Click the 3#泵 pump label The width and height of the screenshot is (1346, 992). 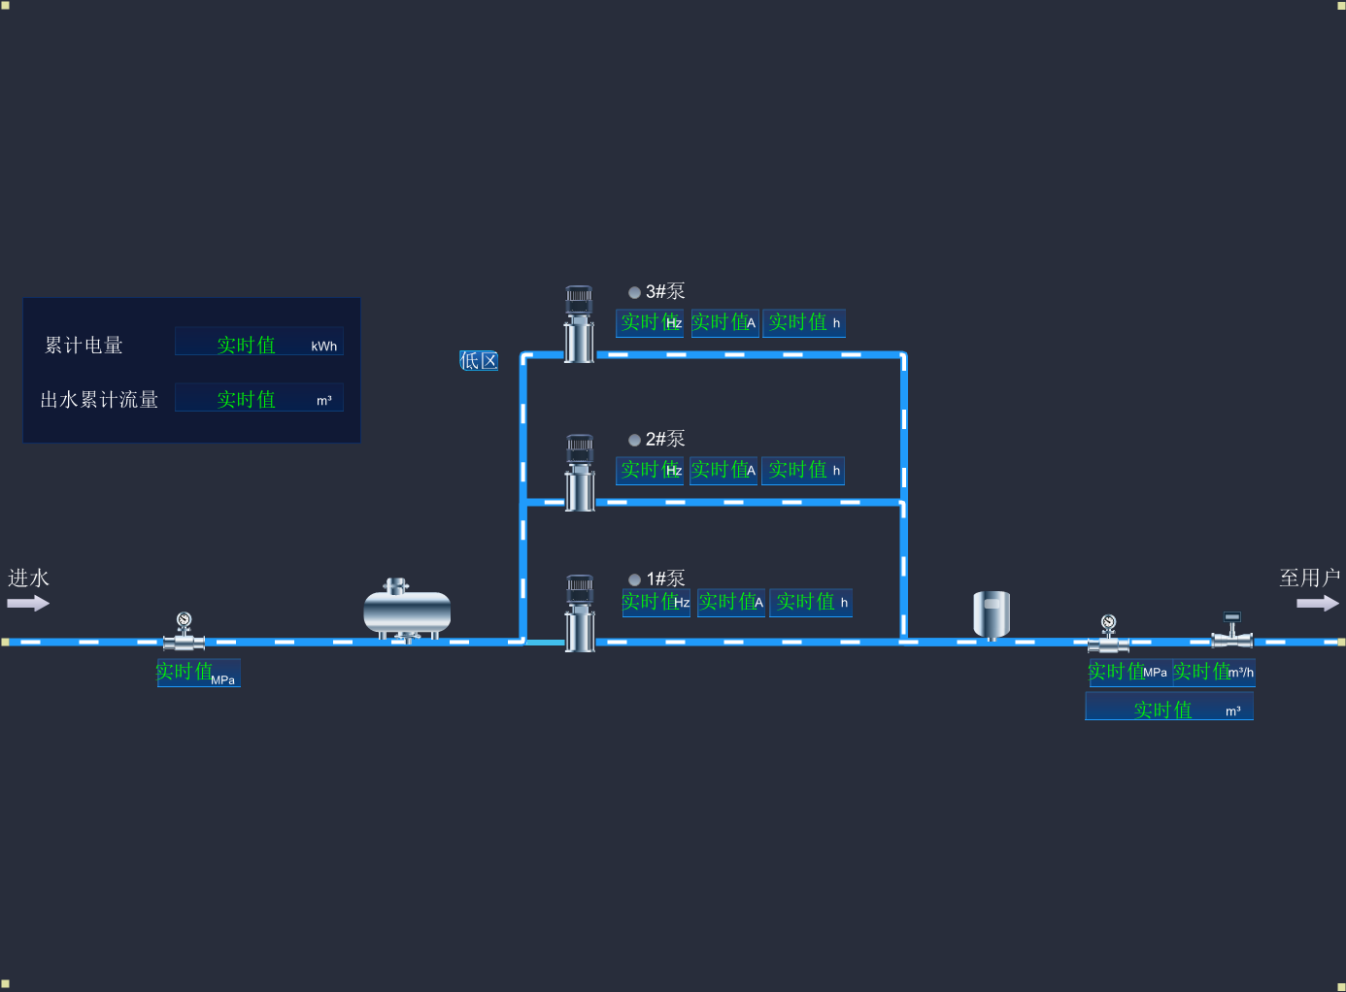[x=665, y=291]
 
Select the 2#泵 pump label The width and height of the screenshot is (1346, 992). [x=665, y=439]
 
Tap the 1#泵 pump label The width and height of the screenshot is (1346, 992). [x=665, y=579]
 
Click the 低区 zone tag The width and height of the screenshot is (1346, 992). [x=479, y=361]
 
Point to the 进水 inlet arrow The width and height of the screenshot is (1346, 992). [x=28, y=603]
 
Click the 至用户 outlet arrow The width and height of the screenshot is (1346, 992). [x=1317, y=603]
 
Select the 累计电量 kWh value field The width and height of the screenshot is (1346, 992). [x=259, y=344]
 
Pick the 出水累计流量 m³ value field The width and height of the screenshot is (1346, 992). [x=259, y=398]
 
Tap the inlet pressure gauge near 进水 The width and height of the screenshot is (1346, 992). [x=184, y=631]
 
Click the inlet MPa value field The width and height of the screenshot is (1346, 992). [x=198, y=673]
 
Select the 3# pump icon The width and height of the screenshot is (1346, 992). [x=580, y=324]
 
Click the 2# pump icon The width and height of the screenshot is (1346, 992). [x=580, y=473]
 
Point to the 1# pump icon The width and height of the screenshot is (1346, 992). [x=580, y=612]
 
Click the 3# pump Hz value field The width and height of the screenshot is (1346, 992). [x=650, y=323]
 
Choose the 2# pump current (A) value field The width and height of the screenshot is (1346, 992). [x=723, y=471]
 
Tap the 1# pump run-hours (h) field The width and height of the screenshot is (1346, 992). [x=811, y=603]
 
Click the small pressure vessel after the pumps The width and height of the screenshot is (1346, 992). [x=992, y=614]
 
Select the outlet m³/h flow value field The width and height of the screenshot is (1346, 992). [x=1214, y=672]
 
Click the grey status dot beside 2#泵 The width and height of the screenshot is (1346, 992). [x=634, y=440]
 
